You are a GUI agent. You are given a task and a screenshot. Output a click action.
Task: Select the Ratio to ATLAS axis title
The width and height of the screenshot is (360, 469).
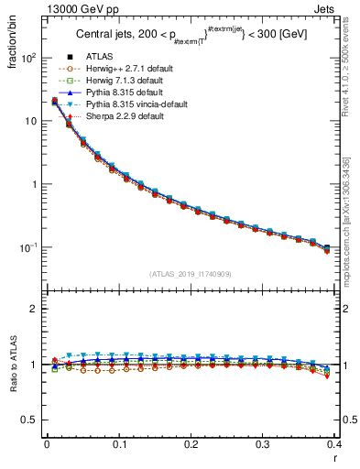click(12, 365)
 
